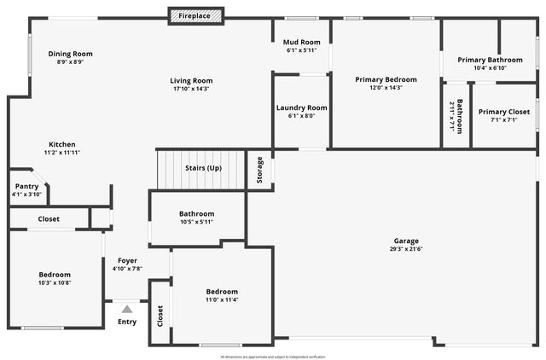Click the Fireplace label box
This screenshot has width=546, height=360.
click(195, 15)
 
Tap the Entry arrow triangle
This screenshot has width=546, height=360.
click(127, 309)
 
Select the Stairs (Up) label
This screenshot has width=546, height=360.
click(203, 168)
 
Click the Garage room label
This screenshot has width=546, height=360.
click(406, 241)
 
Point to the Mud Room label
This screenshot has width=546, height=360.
click(302, 42)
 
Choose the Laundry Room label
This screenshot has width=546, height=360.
click(302, 107)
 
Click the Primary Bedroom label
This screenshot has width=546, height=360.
click(386, 78)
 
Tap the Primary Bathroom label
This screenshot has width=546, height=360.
click(490, 60)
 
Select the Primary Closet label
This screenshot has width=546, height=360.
click(503, 111)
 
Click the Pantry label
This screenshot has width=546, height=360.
click(26, 186)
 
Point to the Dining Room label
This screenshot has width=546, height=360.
click(70, 54)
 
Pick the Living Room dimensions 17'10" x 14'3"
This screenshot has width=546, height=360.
click(190, 89)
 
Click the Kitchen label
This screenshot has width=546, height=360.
click(61, 144)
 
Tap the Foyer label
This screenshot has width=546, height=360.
click(127, 260)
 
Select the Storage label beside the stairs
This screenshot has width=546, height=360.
click(260, 171)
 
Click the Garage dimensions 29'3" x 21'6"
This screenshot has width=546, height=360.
click(406, 249)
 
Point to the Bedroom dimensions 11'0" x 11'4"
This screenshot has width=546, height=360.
click(221, 299)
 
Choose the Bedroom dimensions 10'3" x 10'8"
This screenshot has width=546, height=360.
click(55, 282)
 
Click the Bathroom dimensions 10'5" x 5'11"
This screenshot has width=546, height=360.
click(196, 222)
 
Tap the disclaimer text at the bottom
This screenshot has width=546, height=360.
click(272, 356)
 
